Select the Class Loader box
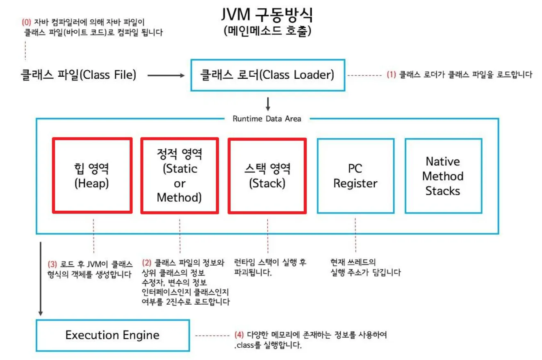coord(268,75)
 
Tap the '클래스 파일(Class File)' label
coord(78,75)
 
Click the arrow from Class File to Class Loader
coord(166,75)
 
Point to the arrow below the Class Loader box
coord(268,104)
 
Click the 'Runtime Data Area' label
coord(267,119)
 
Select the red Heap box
coord(92,175)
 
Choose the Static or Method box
coord(180,175)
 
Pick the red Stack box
coord(267,176)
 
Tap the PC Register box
coord(356,176)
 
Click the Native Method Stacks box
coord(444,176)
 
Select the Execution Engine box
coord(113,335)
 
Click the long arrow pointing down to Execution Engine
coord(41,279)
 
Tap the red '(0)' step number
coord(26,22)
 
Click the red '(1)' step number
coord(391,74)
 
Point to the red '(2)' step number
coord(147,262)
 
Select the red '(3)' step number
coord(52,264)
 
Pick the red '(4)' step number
coord(239,335)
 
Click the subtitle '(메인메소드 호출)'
coord(267,31)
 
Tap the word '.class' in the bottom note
coord(244,345)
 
